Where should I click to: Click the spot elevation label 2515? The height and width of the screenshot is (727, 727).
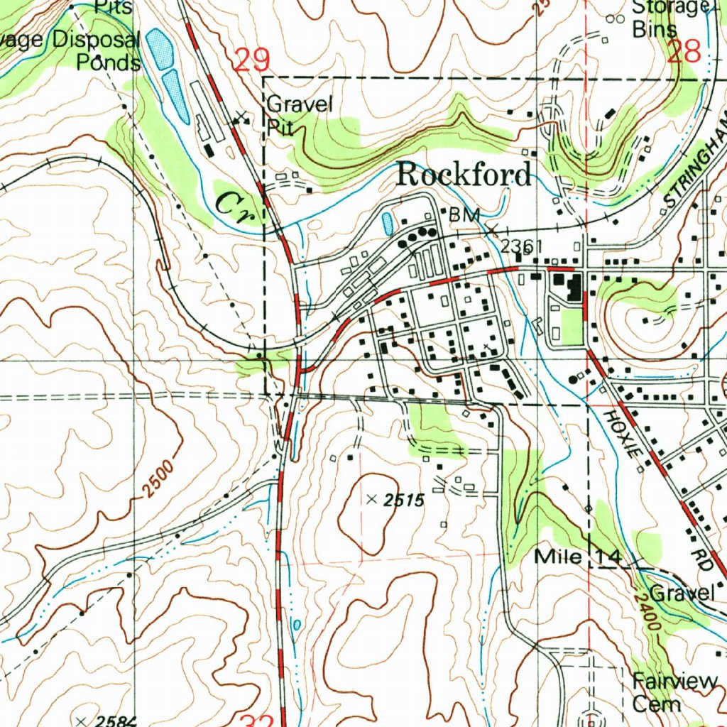(x=404, y=501)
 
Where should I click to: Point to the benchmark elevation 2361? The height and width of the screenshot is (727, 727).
(x=521, y=246)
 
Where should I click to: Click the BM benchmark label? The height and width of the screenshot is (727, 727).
(x=465, y=214)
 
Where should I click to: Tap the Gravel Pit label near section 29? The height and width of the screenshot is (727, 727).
(x=299, y=114)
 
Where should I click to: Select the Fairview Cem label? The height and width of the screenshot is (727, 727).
(x=674, y=692)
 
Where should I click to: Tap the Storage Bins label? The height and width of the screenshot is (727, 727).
(x=668, y=18)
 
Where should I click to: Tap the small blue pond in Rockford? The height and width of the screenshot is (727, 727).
(x=387, y=224)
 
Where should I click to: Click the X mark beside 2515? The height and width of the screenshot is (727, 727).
(x=371, y=500)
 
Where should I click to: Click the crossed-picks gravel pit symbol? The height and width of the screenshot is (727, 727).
(x=243, y=117)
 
